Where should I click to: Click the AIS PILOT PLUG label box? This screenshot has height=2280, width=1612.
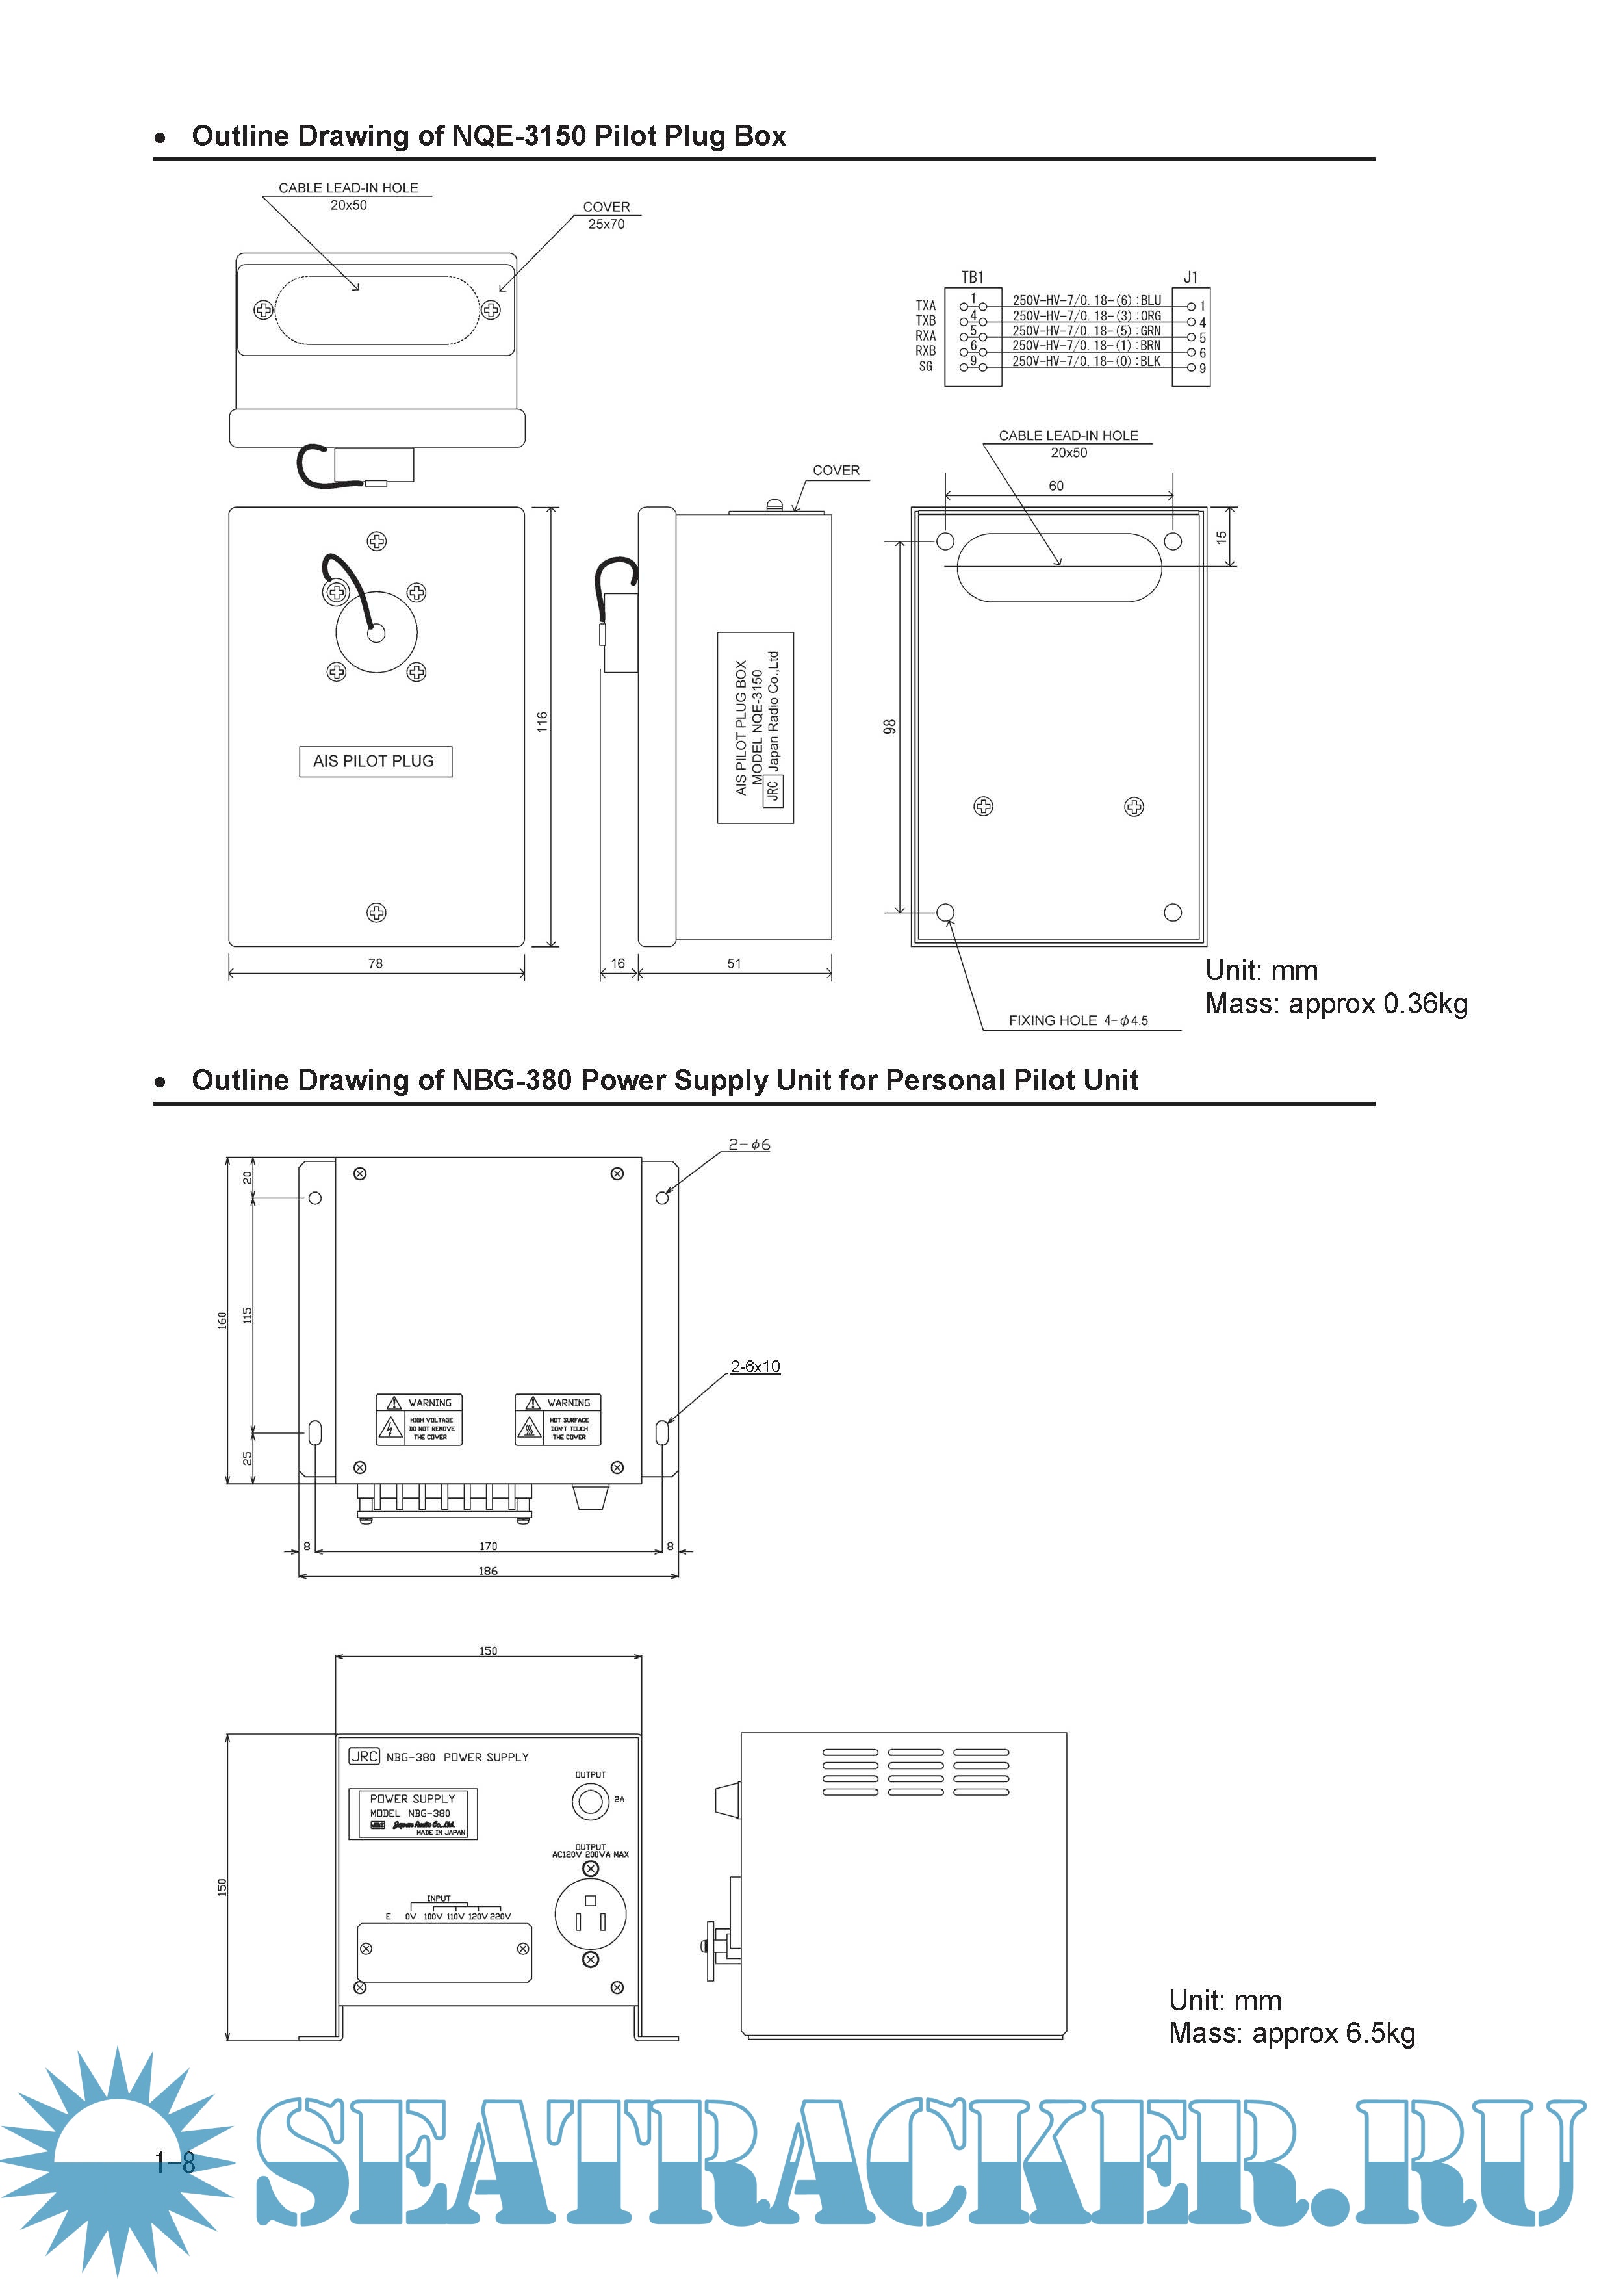[375, 762]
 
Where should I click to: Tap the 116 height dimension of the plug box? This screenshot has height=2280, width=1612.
[542, 722]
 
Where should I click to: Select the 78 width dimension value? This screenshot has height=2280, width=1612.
[375, 963]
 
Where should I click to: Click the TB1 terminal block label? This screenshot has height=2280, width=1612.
[972, 277]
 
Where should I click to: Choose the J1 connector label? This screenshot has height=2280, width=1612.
[1190, 277]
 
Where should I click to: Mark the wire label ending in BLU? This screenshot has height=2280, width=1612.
[1086, 300]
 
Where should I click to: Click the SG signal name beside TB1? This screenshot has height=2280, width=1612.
[925, 367]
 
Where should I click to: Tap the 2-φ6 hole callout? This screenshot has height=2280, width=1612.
[748, 1145]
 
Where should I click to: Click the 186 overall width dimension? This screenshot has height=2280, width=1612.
[487, 1571]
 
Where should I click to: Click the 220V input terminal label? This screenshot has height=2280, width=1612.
[500, 1917]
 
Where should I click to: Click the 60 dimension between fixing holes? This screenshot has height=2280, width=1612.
[1056, 486]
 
